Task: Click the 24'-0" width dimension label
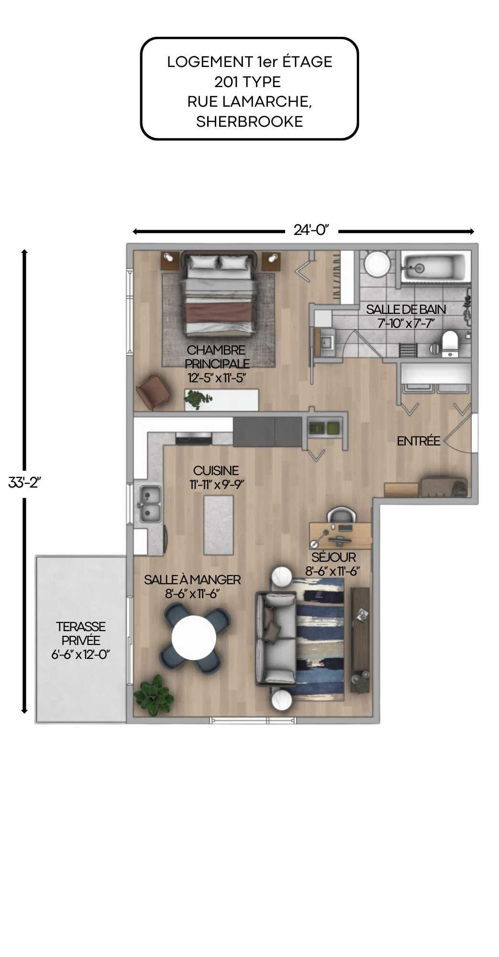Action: [311, 230]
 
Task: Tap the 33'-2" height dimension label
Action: [24, 482]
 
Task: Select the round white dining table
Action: [194, 637]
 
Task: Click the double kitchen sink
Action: [150, 504]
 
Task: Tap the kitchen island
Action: [219, 525]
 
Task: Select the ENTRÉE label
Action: [418, 441]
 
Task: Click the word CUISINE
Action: [216, 471]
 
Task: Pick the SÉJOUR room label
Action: [333, 557]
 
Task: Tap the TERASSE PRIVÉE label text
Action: [80, 634]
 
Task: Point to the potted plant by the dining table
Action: [154, 695]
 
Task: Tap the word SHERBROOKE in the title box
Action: [249, 122]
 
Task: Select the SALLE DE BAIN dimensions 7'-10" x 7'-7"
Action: [406, 323]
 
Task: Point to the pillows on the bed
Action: [219, 263]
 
